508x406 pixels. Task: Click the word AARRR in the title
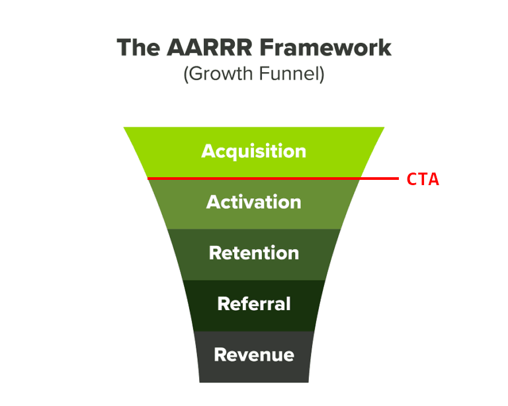[209, 48]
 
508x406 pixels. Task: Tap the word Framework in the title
[325, 48]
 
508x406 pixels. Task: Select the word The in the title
[138, 48]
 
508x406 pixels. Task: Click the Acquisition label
[254, 151]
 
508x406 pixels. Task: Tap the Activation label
[254, 202]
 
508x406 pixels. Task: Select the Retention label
[254, 253]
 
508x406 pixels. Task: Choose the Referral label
[254, 304]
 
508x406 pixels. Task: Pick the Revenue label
[254, 354]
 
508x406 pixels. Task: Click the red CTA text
[423, 179]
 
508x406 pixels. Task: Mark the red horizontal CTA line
[273, 179]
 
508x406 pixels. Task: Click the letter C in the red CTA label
[412, 179]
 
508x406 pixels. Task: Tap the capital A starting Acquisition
[208, 151]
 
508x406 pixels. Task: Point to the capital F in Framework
[267, 48]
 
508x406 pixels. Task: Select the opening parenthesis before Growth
[186, 75]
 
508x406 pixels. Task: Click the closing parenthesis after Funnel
[322, 75]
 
